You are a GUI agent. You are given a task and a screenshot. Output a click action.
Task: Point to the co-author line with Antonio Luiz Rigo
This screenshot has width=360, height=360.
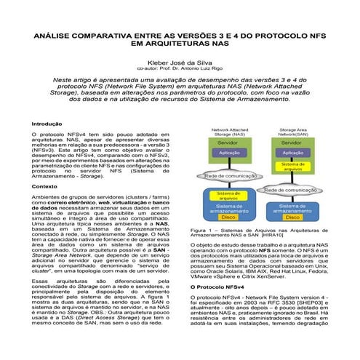coord(180,69)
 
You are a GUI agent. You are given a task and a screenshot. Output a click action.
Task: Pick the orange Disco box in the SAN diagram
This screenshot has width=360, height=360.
coord(290,216)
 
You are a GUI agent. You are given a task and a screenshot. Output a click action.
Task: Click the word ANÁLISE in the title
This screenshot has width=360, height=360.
coord(54,34)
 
